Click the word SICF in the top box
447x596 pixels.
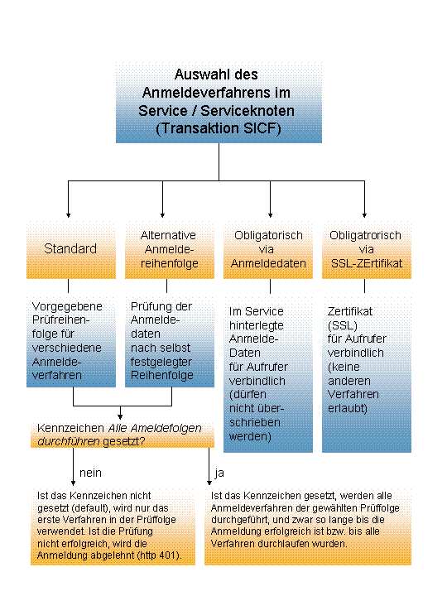point(259,128)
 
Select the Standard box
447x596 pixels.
point(71,250)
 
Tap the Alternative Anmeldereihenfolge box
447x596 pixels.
point(170,250)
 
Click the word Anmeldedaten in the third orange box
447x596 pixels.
point(268,263)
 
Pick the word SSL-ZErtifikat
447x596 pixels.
point(367,263)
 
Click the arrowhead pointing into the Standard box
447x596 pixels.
point(69,215)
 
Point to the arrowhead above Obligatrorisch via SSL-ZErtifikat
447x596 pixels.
point(364,215)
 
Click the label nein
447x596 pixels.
point(90,473)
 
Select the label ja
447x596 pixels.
point(219,473)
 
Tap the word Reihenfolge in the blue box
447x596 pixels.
point(162,375)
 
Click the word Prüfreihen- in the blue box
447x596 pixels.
point(60,320)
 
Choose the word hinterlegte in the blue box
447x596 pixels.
point(257,325)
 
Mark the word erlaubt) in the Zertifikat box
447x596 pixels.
point(348,408)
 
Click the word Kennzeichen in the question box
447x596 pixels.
point(70,428)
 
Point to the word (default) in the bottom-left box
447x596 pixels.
point(91,508)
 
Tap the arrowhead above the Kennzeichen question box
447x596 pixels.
point(120,417)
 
